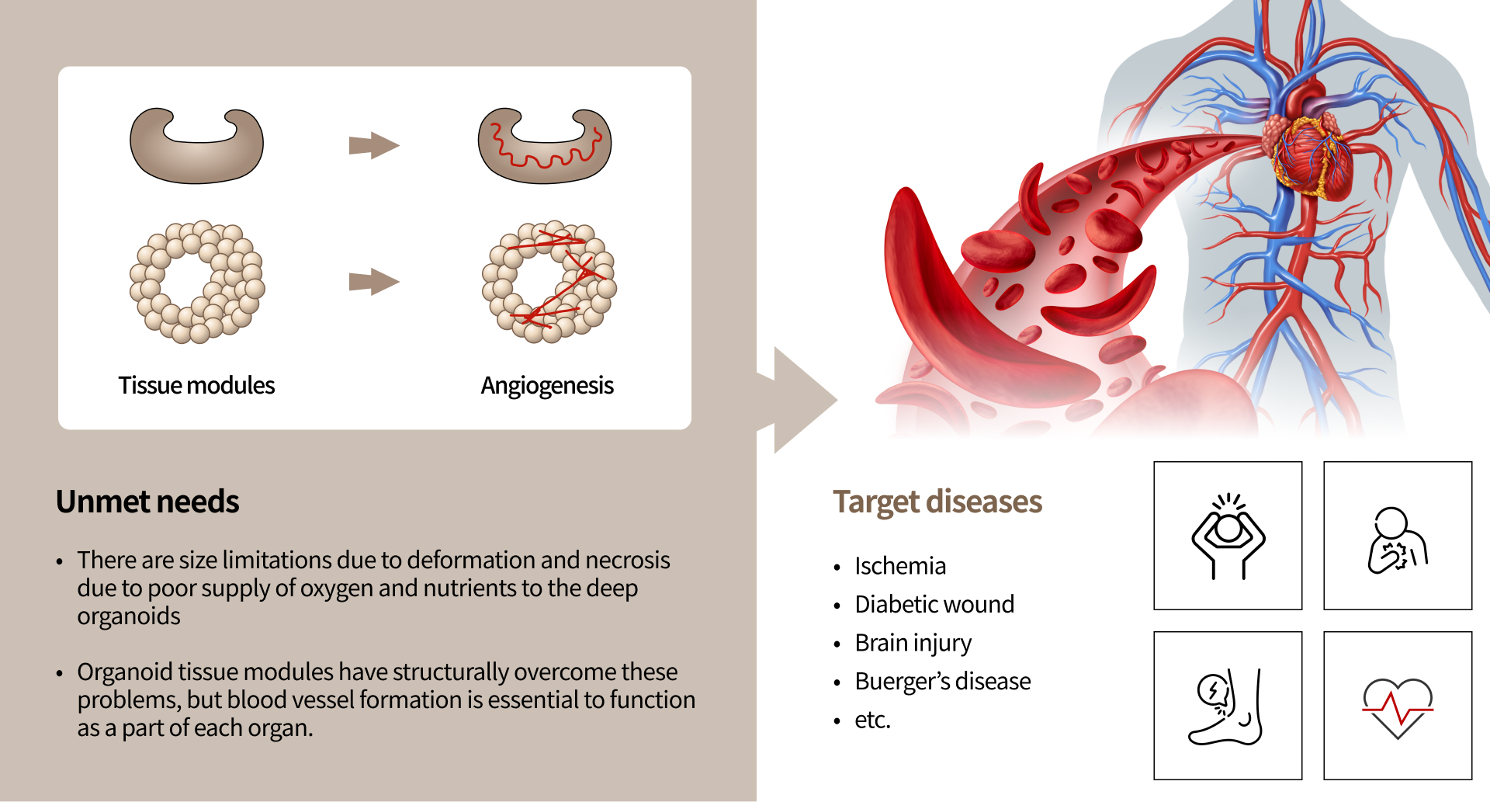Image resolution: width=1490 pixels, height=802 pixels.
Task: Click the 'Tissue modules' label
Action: pos(196,385)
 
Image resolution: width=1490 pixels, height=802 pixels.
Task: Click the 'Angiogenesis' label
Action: pos(547,386)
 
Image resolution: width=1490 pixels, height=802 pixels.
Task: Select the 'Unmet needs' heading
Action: pos(147,502)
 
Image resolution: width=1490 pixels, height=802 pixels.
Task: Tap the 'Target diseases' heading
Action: pos(937,502)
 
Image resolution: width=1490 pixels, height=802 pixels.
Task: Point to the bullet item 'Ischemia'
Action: pos(900,566)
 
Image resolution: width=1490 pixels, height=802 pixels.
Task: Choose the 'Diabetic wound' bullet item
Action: pos(934,604)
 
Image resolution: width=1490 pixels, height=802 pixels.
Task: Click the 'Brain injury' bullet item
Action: pos(913,643)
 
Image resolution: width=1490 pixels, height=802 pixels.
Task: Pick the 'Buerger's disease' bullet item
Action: pos(943,681)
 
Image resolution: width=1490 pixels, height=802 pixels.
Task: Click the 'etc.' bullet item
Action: pos(872,720)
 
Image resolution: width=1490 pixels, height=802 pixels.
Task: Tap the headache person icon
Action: pos(1228,536)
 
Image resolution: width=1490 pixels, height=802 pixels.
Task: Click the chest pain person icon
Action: pos(1397,540)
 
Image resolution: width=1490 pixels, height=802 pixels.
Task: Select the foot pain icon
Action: pos(1226,707)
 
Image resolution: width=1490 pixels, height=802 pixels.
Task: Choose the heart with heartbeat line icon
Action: pos(1398,708)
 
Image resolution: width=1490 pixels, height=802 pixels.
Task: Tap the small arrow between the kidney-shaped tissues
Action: pos(374,145)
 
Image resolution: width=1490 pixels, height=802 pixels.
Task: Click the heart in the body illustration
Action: pos(1309,151)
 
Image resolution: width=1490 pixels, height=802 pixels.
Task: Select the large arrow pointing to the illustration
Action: pos(799,400)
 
